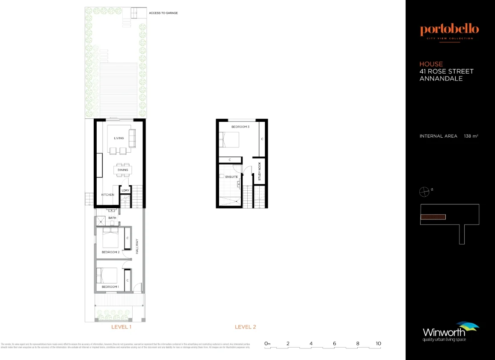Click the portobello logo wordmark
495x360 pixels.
449,30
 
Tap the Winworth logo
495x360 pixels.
449,332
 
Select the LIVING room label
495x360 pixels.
119,138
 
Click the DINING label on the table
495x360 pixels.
123,170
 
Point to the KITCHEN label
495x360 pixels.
108,195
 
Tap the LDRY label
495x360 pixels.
125,191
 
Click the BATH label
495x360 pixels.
112,218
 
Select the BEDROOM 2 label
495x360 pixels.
110,252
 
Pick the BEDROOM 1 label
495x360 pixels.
110,287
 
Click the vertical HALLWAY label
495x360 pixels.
137,246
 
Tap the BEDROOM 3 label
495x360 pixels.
240,127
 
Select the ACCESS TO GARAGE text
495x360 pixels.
163,13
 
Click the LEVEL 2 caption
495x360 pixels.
245,327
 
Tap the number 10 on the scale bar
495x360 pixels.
378,343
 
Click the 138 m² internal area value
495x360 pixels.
471,136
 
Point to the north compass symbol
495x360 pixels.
424,192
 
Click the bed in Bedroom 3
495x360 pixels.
229,139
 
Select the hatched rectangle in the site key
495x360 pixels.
433,217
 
